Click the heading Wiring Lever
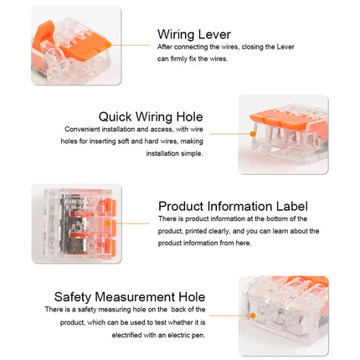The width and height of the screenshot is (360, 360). tap(194, 34)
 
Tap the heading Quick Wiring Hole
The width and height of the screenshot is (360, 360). tap(151, 116)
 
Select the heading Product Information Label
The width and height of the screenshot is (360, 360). tap(233, 207)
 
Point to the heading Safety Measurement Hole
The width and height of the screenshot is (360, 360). tap(130, 297)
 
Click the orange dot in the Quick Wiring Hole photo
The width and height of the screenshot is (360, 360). tap(253, 134)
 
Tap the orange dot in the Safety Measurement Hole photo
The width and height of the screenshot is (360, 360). tap(253, 316)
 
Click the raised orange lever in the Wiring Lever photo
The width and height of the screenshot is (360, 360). tap(43, 33)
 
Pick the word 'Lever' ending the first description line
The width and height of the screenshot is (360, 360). tap(285, 47)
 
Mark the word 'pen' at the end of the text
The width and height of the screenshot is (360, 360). tap(200, 336)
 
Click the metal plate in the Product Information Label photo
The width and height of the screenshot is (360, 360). tap(73, 224)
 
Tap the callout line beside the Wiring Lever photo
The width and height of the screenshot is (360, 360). tap(130, 45)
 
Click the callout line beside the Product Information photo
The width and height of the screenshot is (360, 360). tap(131, 224)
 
